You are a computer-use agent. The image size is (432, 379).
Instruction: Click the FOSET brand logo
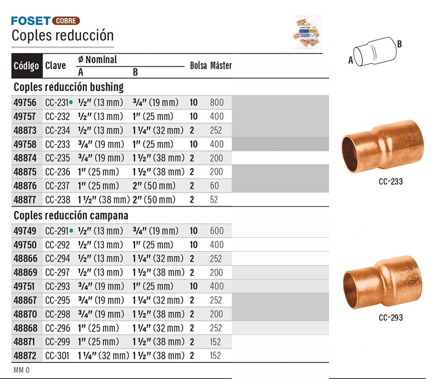tap(31, 21)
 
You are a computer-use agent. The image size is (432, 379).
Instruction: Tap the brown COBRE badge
tap(66, 21)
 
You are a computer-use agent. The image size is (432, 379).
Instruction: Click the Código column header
tap(26, 66)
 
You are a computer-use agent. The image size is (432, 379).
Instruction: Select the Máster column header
tap(221, 66)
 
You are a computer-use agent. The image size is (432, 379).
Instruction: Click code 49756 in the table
tap(25, 103)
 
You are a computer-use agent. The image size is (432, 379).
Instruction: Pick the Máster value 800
tap(217, 103)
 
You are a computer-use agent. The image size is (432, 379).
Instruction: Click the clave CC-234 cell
tap(57, 130)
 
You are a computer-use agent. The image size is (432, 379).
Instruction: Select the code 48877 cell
tap(25, 199)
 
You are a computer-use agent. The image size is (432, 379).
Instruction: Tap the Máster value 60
tap(214, 186)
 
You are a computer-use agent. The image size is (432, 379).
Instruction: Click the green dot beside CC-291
tap(71, 231)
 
